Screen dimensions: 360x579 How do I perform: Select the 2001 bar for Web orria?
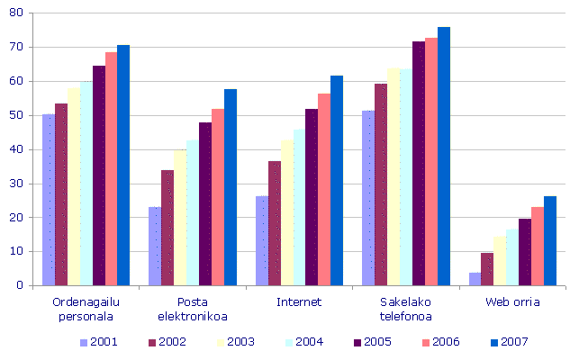tap(475, 279)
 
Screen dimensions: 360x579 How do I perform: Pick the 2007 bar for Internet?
tap(337, 181)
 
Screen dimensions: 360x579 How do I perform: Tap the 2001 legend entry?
tap(102, 342)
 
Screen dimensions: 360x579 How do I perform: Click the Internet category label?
tap(298, 301)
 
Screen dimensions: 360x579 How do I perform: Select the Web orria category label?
tap(512, 301)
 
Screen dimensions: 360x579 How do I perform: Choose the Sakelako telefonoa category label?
tap(405, 309)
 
